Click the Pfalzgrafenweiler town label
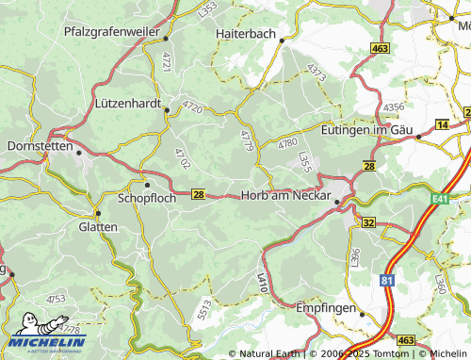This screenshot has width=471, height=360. pos(108,31)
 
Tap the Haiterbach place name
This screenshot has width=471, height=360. pos(246,33)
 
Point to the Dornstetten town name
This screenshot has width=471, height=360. pos(39,146)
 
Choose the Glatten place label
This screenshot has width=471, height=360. pos(98,227)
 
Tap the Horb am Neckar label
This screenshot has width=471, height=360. pos(286,196)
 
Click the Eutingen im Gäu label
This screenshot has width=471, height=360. pos(367,129)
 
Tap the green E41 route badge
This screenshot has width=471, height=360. pos(440,200)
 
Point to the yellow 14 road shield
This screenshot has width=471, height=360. pos(443,124)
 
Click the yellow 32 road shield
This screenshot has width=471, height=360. pos(368,222)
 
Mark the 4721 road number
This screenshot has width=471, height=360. pos(166,62)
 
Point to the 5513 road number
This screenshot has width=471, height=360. pos(204,306)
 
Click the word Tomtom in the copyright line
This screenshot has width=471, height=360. pos(388,353)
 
